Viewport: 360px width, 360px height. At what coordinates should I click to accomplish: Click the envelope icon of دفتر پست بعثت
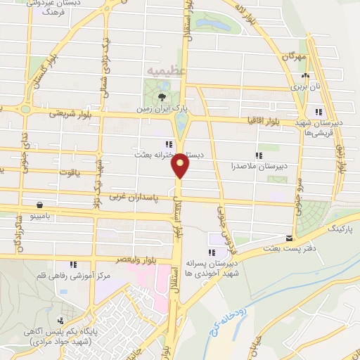click(289, 238)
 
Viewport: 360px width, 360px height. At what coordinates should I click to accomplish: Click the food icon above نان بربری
click(304, 75)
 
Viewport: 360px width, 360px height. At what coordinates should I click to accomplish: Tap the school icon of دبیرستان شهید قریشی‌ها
click(319, 111)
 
